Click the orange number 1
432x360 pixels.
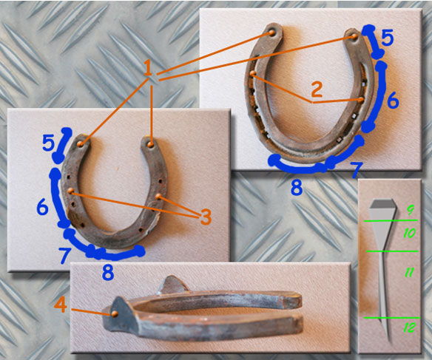coord(148,69)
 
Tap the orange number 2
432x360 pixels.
coord(317,89)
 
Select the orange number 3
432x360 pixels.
coord(206,217)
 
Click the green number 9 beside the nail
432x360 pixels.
coord(411,210)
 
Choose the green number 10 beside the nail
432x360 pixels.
coord(409,234)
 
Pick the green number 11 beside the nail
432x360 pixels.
coord(409,272)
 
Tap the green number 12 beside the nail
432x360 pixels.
coord(410,327)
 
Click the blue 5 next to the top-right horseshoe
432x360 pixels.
coord(388,38)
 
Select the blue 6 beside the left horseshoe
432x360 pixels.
coord(43,207)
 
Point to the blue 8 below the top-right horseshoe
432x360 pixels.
coord(297,188)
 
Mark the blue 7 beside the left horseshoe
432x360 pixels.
coord(64,255)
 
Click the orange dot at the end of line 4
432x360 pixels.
coord(115,313)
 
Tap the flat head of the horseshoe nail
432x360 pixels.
coord(382,204)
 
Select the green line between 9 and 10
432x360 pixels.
coord(391,220)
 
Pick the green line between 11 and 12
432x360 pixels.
coord(392,318)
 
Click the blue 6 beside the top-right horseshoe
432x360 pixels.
coord(393,101)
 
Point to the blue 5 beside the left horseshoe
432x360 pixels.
coord(48,143)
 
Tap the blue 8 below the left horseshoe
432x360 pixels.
coord(108,273)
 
